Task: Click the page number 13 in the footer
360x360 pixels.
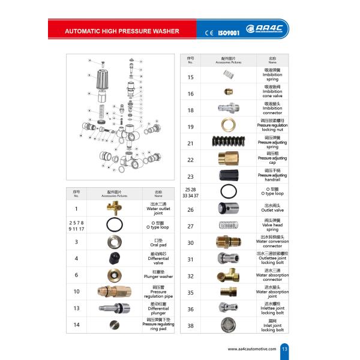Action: click(284, 349)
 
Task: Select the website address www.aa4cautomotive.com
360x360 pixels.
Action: click(253, 349)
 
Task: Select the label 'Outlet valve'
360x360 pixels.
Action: click(272, 209)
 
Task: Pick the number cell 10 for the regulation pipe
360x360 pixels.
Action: click(77, 292)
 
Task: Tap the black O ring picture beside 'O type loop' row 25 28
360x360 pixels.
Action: click(227, 192)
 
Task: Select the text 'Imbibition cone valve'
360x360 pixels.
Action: click(272, 94)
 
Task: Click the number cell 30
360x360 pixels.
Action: click(191, 242)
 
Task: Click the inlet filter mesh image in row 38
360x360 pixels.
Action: click(227, 325)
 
